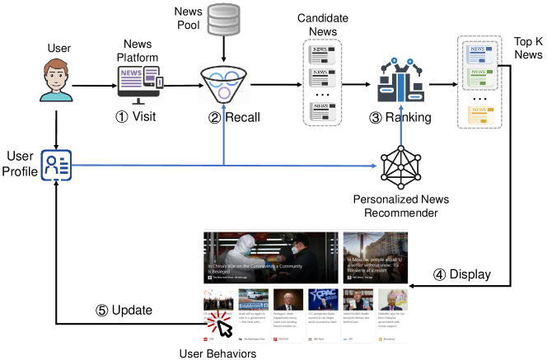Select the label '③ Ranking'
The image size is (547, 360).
coord(400,117)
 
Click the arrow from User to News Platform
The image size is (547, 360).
coord(91,85)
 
